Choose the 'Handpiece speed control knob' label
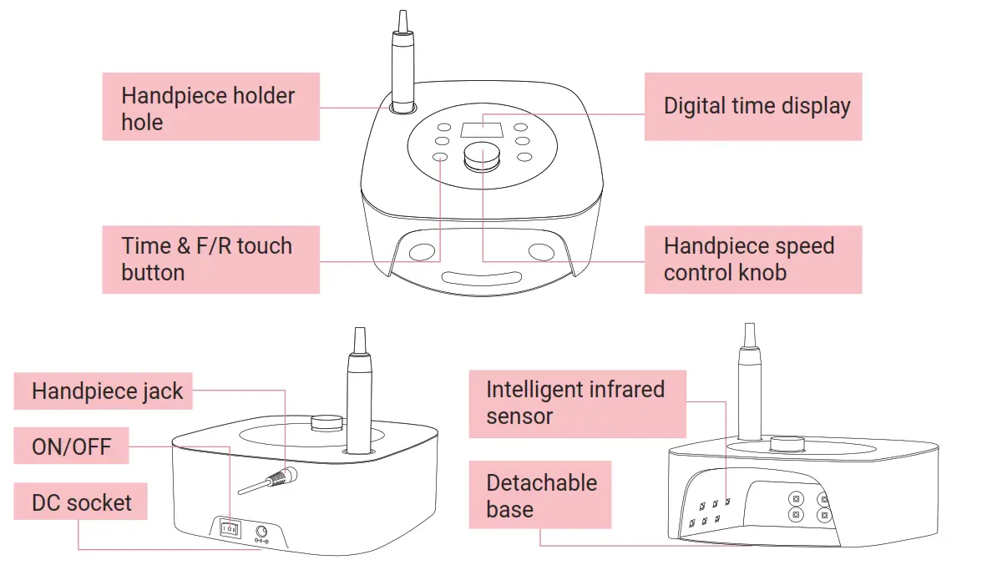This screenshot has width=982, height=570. coord(752,259)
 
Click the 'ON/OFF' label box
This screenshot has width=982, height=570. coord(73,446)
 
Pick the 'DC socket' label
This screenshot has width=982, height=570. coord(80,502)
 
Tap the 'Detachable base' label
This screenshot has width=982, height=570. coord(540,495)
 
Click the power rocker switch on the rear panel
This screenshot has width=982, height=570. coord(229,528)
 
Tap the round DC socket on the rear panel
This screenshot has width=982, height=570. coord(261,531)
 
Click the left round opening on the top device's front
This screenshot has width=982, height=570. coord(423,250)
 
